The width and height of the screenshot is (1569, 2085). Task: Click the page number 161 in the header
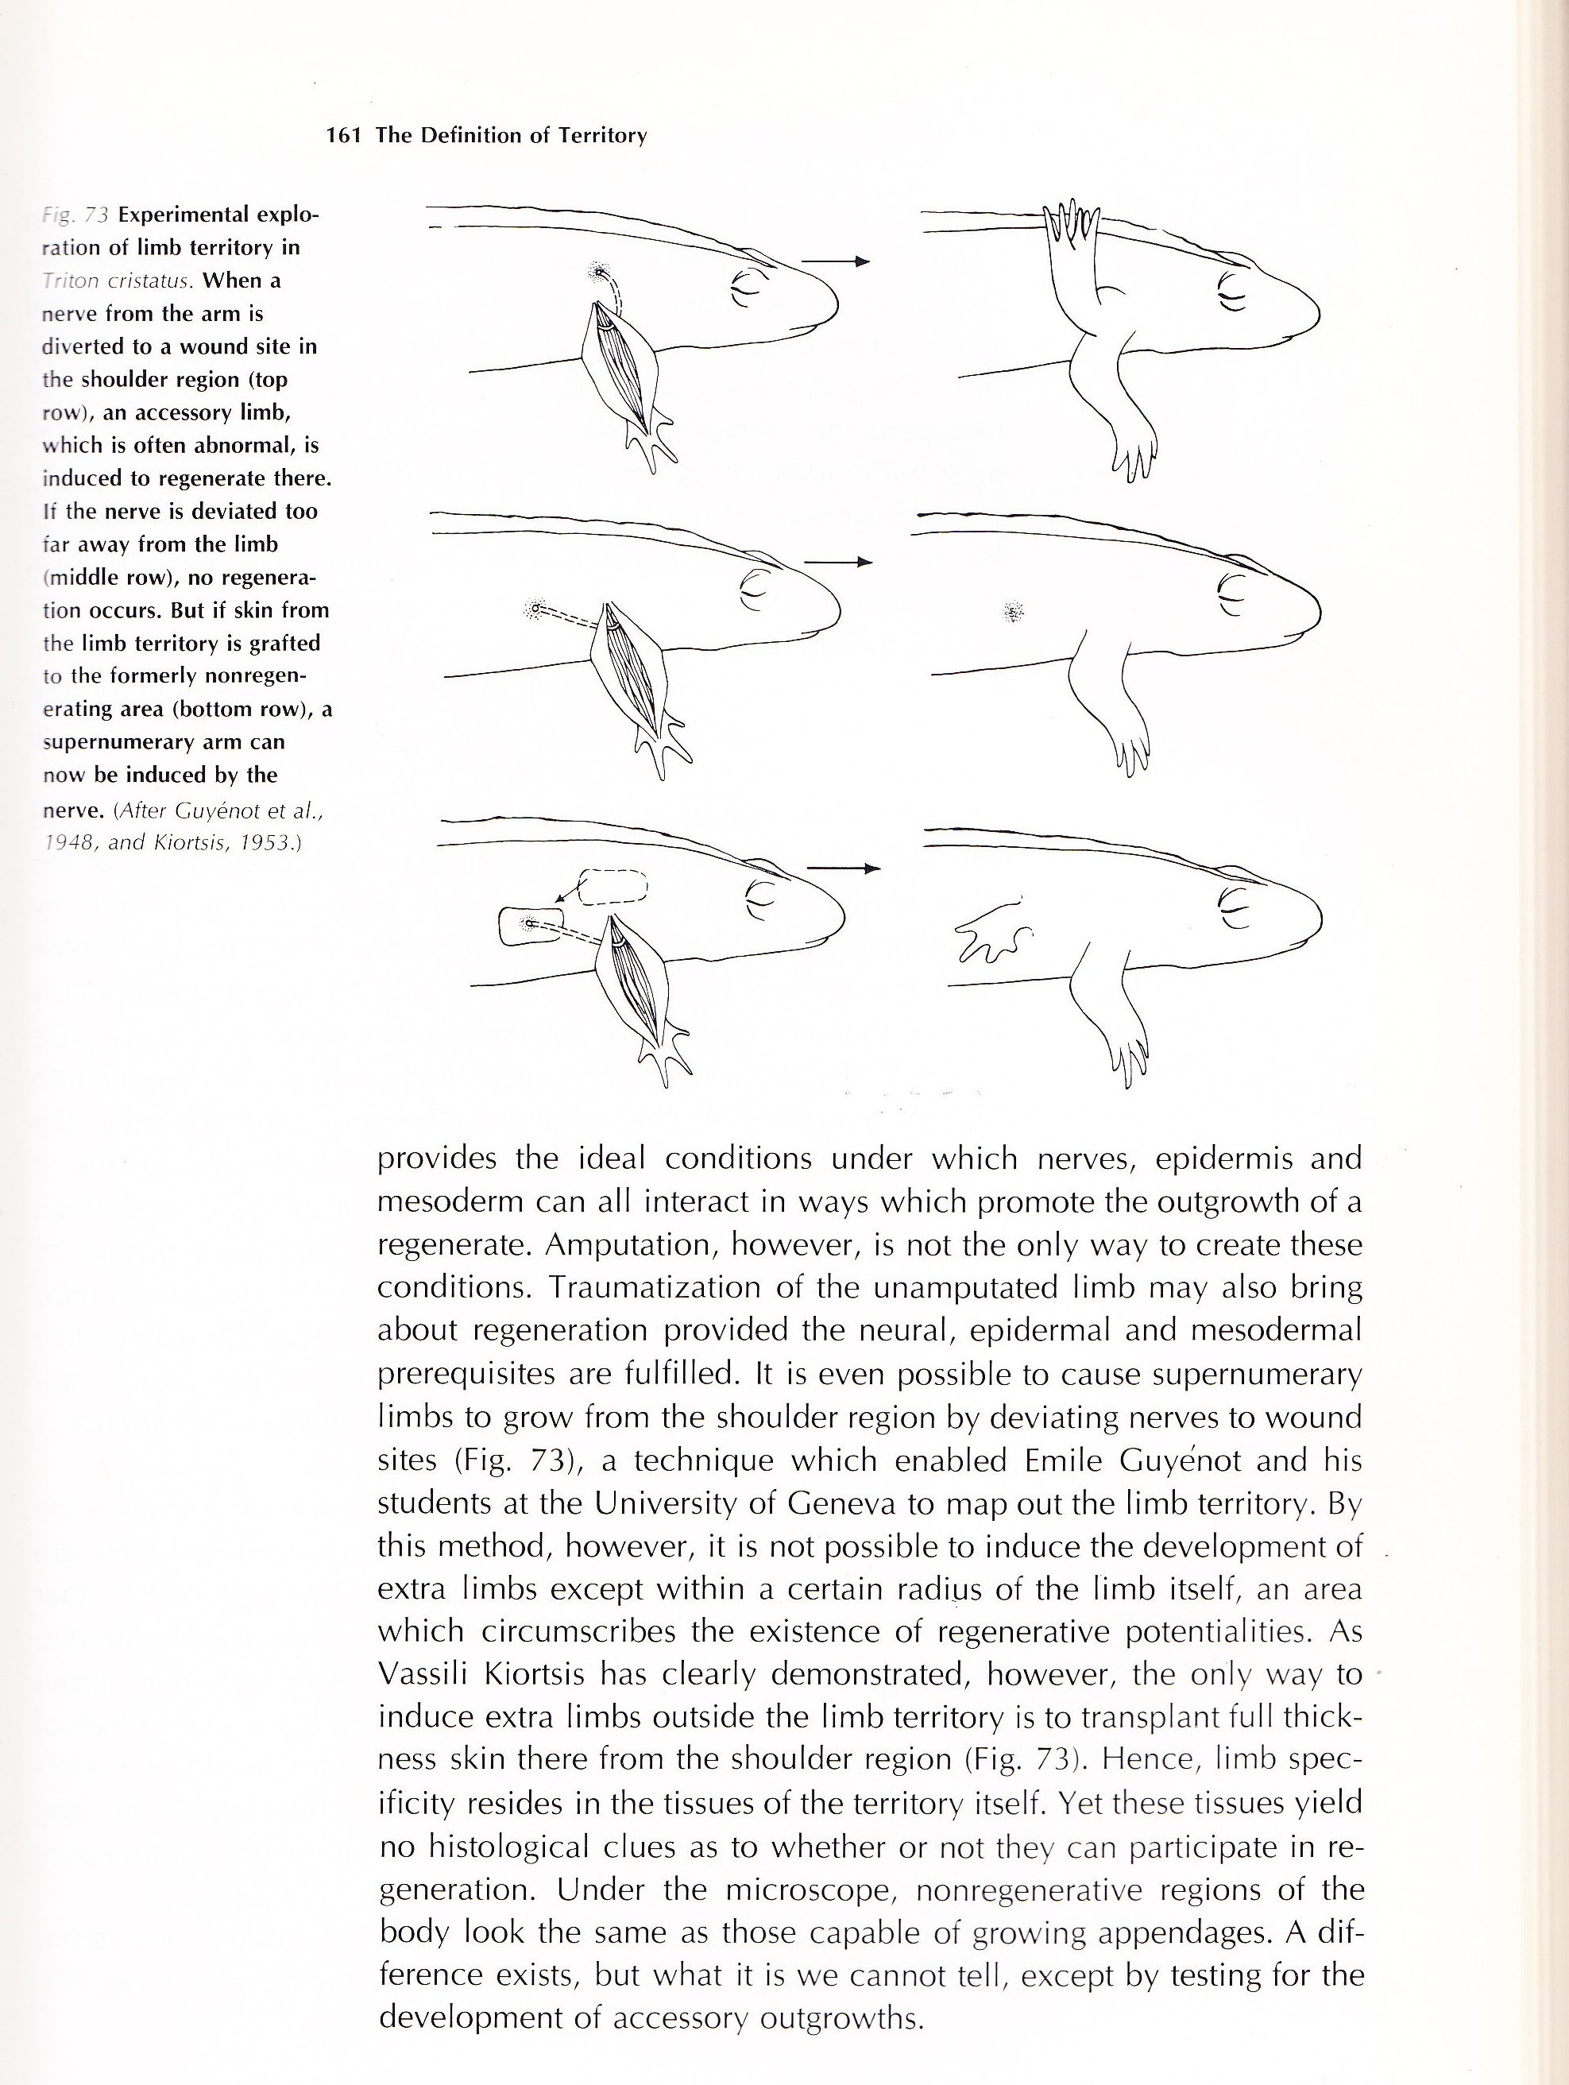(x=344, y=136)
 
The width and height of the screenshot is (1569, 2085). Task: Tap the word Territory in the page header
(x=602, y=136)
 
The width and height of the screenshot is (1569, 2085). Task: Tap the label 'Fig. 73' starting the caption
(x=75, y=215)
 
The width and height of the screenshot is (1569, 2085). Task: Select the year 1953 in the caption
(x=266, y=841)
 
